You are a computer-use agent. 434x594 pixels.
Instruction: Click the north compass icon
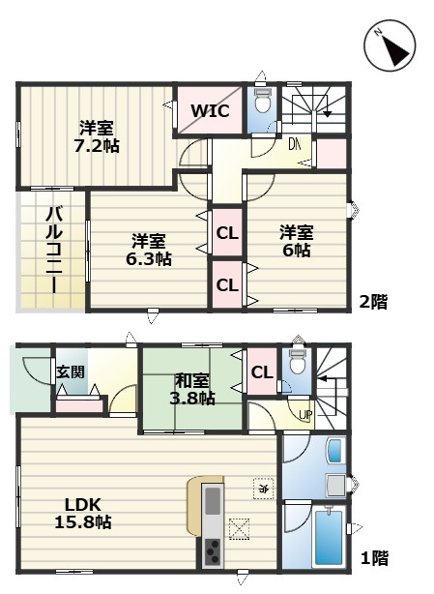[x=391, y=45]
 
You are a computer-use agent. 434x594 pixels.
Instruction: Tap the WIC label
[x=209, y=110]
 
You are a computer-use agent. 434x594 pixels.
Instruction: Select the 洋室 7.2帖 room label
[x=99, y=136]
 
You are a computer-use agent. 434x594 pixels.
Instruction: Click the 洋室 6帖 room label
[x=296, y=241]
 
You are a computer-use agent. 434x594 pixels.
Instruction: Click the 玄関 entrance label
[x=69, y=371]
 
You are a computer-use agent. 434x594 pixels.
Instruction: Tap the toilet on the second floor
[x=262, y=104]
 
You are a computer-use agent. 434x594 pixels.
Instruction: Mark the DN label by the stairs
[x=294, y=144]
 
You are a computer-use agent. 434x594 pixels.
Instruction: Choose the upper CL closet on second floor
[x=227, y=232]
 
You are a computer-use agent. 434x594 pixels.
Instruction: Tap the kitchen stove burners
[x=211, y=555]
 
